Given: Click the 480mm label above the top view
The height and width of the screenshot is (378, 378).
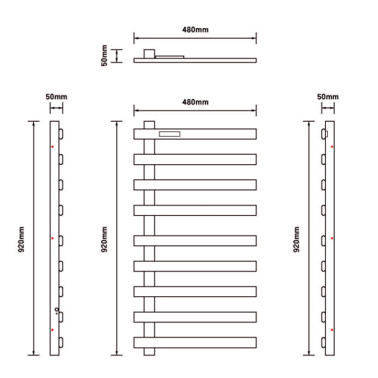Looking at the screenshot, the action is coord(195,30).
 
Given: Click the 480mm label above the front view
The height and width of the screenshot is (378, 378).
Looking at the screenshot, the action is coord(195,102).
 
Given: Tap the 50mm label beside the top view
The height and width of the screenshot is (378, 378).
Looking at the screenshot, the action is coord(104,56).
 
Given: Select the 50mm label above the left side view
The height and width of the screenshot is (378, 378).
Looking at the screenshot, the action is coord(56,97).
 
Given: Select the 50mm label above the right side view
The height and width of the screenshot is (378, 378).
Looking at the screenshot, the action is coord(328,97).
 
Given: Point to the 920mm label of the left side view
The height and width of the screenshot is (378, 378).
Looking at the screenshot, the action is coord(21,239).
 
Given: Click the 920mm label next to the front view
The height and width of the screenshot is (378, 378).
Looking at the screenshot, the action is coord(104,239).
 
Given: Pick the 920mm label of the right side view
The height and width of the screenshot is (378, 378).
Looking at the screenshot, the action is coord(296,239).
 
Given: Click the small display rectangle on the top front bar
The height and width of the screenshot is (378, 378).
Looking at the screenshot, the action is coord(170,134).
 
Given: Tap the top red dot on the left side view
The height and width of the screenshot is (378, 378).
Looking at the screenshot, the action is coord(52,146).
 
